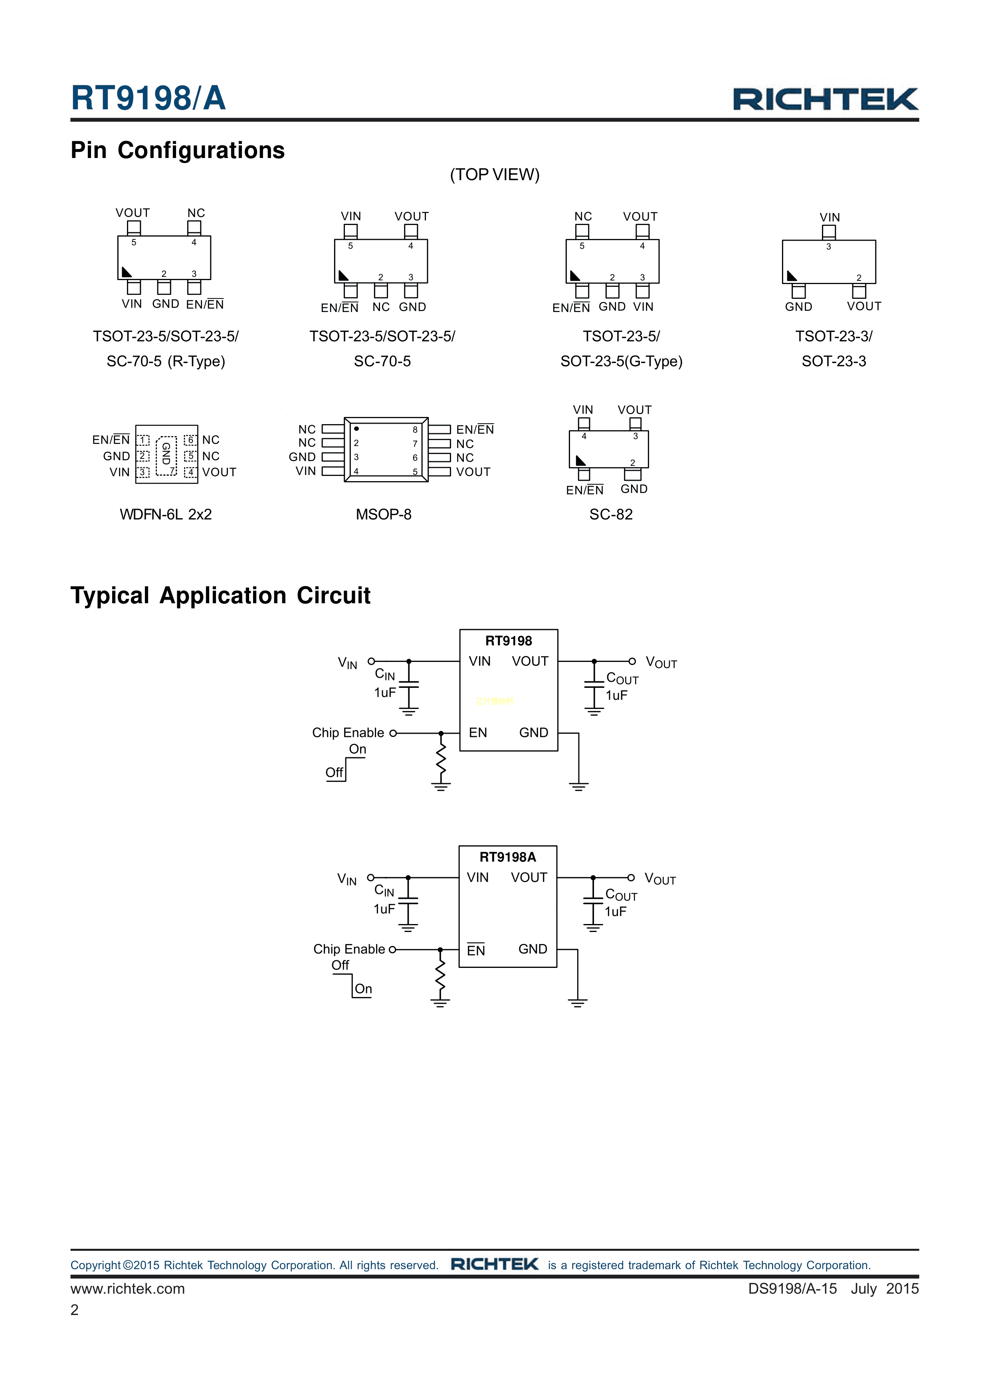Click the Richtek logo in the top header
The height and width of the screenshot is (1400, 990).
825,99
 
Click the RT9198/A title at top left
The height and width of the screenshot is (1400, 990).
148,98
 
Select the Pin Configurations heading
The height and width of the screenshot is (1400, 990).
178,150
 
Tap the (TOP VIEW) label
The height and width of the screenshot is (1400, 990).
495,175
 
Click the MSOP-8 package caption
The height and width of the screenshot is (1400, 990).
383,515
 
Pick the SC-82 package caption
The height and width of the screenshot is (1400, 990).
611,515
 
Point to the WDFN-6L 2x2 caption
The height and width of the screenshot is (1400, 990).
165,515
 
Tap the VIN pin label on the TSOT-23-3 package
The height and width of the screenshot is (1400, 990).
830,217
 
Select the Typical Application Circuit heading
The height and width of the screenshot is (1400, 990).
220,596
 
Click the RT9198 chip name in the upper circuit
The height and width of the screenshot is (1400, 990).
508,641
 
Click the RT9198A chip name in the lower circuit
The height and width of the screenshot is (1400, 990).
507,857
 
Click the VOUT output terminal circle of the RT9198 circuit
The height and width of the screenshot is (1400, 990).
632,661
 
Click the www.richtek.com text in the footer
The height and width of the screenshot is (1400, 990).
127,1288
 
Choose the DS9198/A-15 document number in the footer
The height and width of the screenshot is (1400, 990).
792,1288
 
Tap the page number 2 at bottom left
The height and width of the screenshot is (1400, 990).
74,1310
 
